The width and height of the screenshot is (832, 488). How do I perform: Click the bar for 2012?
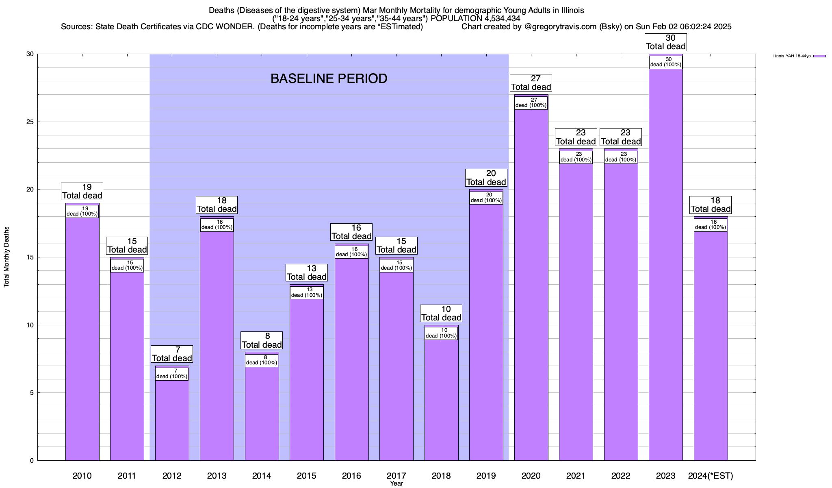click(172, 419)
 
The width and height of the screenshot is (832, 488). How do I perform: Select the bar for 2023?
click(665, 264)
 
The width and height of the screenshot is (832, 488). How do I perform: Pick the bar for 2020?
click(531, 285)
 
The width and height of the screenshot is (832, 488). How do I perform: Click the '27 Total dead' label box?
click(531, 83)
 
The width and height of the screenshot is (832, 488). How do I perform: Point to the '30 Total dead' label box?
click(665, 42)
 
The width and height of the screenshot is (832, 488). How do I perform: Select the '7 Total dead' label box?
click(172, 354)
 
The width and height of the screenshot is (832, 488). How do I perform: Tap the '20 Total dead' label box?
click(486, 178)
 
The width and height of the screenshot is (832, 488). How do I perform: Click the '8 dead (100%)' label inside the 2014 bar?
click(262, 360)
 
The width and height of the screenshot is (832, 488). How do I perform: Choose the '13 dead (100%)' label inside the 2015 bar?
click(307, 292)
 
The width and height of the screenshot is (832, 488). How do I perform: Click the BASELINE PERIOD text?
click(329, 78)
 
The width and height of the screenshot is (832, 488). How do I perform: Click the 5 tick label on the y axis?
click(32, 393)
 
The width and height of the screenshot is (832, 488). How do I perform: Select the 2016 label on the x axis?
click(351, 476)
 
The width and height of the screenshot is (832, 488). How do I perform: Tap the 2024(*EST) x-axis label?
click(711, 476)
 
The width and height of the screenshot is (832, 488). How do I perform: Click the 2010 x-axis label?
click(82, 476)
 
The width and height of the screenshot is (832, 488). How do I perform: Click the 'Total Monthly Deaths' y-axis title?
click(6, 257)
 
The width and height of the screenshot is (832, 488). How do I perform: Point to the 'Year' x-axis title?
click(396, 484)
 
